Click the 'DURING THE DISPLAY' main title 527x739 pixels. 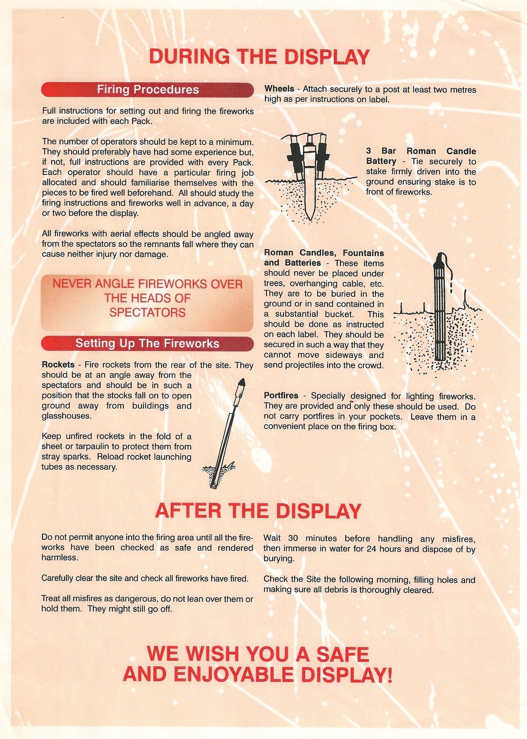[x=259, y=57]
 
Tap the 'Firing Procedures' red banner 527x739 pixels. [x=148, y=90]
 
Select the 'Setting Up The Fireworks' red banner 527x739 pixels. [x=148, y=343]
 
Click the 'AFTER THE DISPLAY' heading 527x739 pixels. [x=258, y=511]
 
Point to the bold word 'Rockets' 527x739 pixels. [x=58, y=365]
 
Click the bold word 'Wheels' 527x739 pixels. [x=279, y=89]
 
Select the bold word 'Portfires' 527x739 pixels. [x=281, y=396]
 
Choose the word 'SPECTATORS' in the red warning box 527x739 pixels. [x=148, y=312]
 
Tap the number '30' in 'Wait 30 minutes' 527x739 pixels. [x=293, y=538]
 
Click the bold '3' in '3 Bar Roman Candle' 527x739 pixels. [x=368, y=151]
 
